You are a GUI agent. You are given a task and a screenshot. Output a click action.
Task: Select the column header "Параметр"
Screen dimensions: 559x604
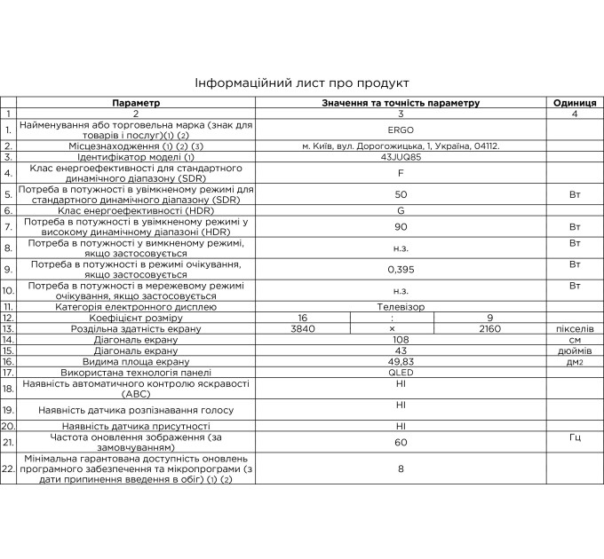click(137, 103)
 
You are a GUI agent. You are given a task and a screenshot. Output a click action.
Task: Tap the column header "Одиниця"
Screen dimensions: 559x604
click(574, 103)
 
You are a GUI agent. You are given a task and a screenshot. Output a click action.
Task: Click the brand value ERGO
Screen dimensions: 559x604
click(400, 130)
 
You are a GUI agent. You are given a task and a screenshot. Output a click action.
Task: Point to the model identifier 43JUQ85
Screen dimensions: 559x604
click(400, 157)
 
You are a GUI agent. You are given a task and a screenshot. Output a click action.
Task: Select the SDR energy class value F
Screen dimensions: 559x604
click(400, 173)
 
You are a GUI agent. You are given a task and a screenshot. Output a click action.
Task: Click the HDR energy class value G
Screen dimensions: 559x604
click(400, 211)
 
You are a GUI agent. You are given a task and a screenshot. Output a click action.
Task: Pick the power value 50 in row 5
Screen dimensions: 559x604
click(400, 193)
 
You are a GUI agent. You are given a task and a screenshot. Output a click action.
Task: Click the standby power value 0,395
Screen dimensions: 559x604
click(400, 268)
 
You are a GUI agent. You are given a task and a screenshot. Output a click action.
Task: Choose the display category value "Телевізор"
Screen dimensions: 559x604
click(400, 306)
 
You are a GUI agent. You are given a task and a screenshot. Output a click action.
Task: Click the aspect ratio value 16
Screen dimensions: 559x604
click(303, 317)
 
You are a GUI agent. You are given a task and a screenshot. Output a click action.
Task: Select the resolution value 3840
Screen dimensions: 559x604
click(303, 328)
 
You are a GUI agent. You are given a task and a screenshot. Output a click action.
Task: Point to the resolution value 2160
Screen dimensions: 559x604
click(489, 328)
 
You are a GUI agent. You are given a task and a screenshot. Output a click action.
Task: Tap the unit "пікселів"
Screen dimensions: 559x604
click(574, 328)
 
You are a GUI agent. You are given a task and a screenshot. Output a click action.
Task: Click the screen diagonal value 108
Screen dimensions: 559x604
click(400, 340)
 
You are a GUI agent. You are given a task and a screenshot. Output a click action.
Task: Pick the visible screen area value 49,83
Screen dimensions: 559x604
click(400, 362)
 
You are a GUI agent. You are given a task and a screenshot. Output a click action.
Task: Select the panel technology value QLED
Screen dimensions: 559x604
click(400, 373)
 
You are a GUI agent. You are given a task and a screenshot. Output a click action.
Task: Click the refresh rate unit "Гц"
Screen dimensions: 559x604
click(574, 437)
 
